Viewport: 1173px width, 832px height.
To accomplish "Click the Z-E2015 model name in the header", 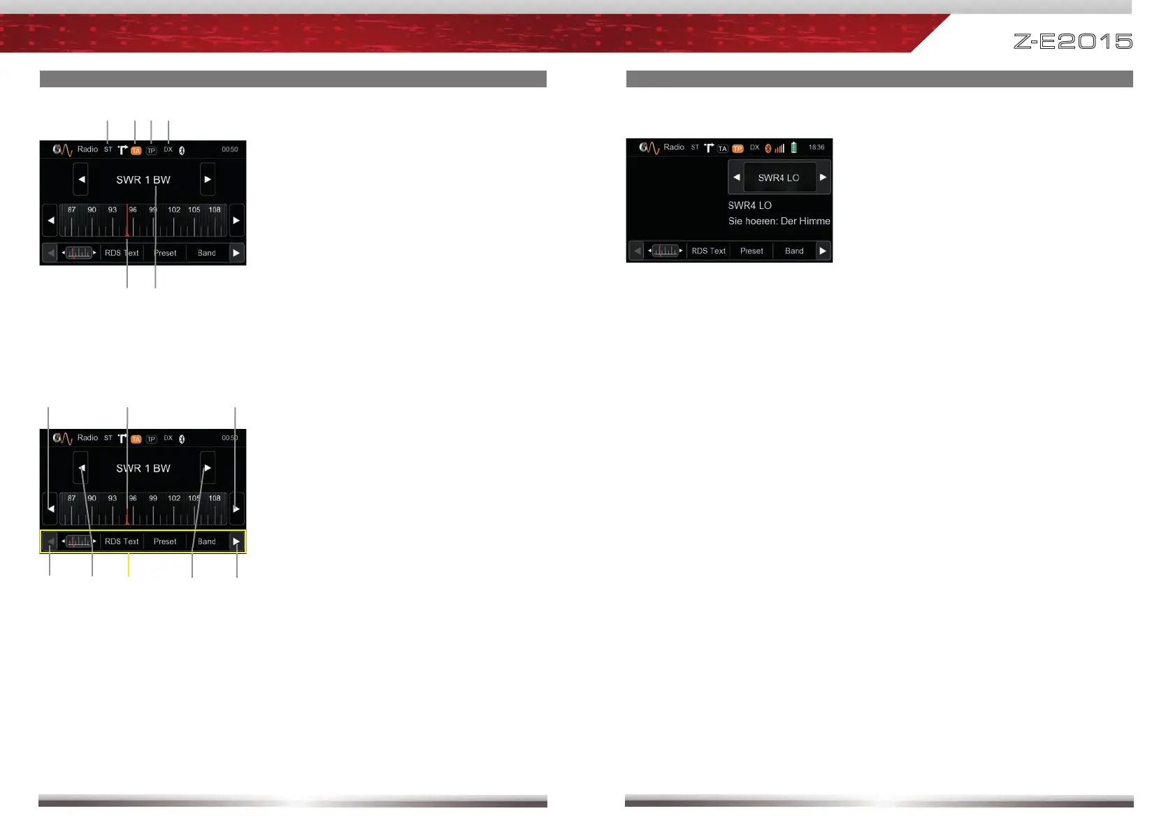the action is tap(1072, 41).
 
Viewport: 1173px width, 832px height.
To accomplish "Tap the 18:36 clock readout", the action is tap(816, 147).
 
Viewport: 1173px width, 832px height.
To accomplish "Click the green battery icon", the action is tap(793, 148).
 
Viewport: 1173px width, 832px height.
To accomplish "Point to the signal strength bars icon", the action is tap(779, 148).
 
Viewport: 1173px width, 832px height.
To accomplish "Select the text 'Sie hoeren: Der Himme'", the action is tap(779, 221).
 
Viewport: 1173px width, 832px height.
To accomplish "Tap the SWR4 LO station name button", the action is tap(779, 177).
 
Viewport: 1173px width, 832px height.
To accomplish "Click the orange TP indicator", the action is tap(737, 149).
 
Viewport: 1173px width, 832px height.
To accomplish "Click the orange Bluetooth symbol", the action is tap(768, 148).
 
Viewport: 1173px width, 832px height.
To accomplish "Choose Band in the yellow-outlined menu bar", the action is tap(207, 541).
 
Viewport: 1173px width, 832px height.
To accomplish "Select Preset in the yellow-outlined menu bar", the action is tap(165, 541).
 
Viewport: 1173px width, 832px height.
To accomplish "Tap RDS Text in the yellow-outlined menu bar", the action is tap(122, 541).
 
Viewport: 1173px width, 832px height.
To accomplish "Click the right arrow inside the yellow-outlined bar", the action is tap(236, 541).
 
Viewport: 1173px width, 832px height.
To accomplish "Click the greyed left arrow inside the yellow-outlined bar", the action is tap(50, 541).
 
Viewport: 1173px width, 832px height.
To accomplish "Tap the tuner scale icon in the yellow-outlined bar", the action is tap(79, 541).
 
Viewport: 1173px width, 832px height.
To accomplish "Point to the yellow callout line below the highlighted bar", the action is tap(129, 565).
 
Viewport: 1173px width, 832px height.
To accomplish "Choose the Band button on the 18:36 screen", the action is tap(794, 251).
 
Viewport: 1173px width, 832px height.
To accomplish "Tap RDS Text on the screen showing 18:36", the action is tap(708, 251).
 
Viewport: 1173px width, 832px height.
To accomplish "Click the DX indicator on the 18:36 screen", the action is tap(754, 147).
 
